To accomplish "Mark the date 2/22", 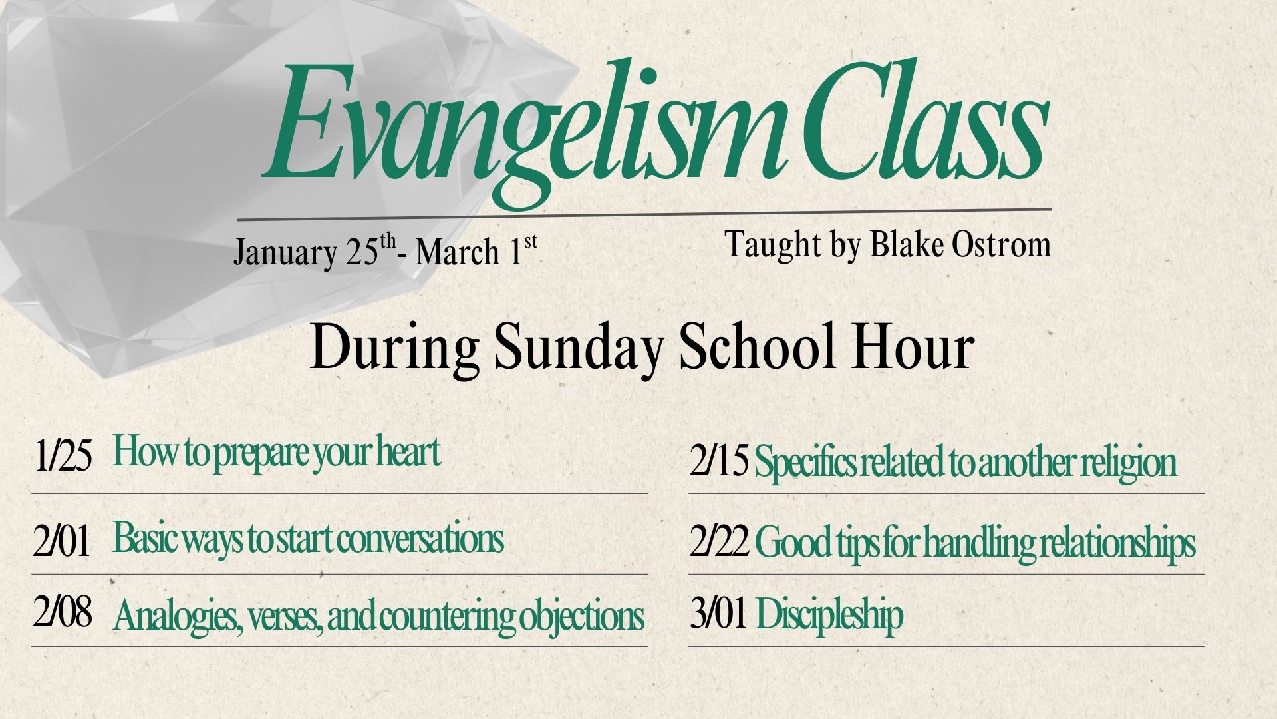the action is click(x=719, y=543).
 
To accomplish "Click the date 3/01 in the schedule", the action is click(x=718, y=614).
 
